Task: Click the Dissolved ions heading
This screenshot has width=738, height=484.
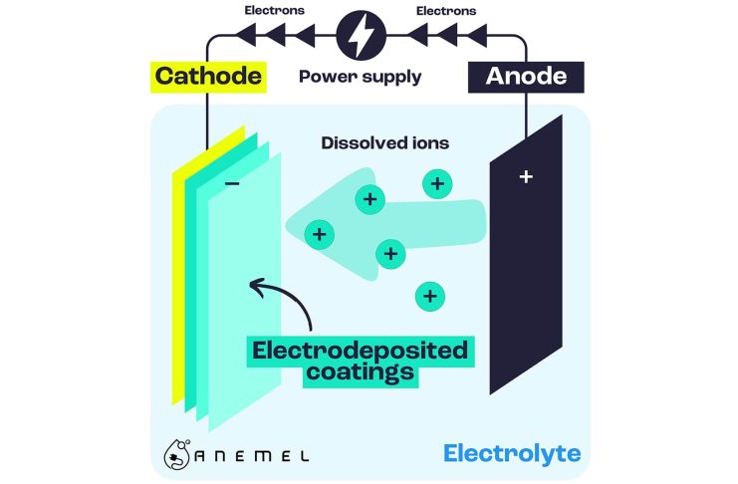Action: click(384, 142)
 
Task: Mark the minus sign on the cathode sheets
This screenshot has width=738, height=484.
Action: click(231, 186)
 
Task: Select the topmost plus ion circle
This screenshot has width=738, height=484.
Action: click(436, 183)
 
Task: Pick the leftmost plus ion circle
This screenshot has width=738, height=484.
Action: click(319, 235)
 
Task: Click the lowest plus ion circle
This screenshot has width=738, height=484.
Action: click(429, 296)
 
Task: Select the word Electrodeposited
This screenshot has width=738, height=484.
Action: click(360, 351)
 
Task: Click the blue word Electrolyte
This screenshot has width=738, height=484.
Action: click(511, 455)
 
